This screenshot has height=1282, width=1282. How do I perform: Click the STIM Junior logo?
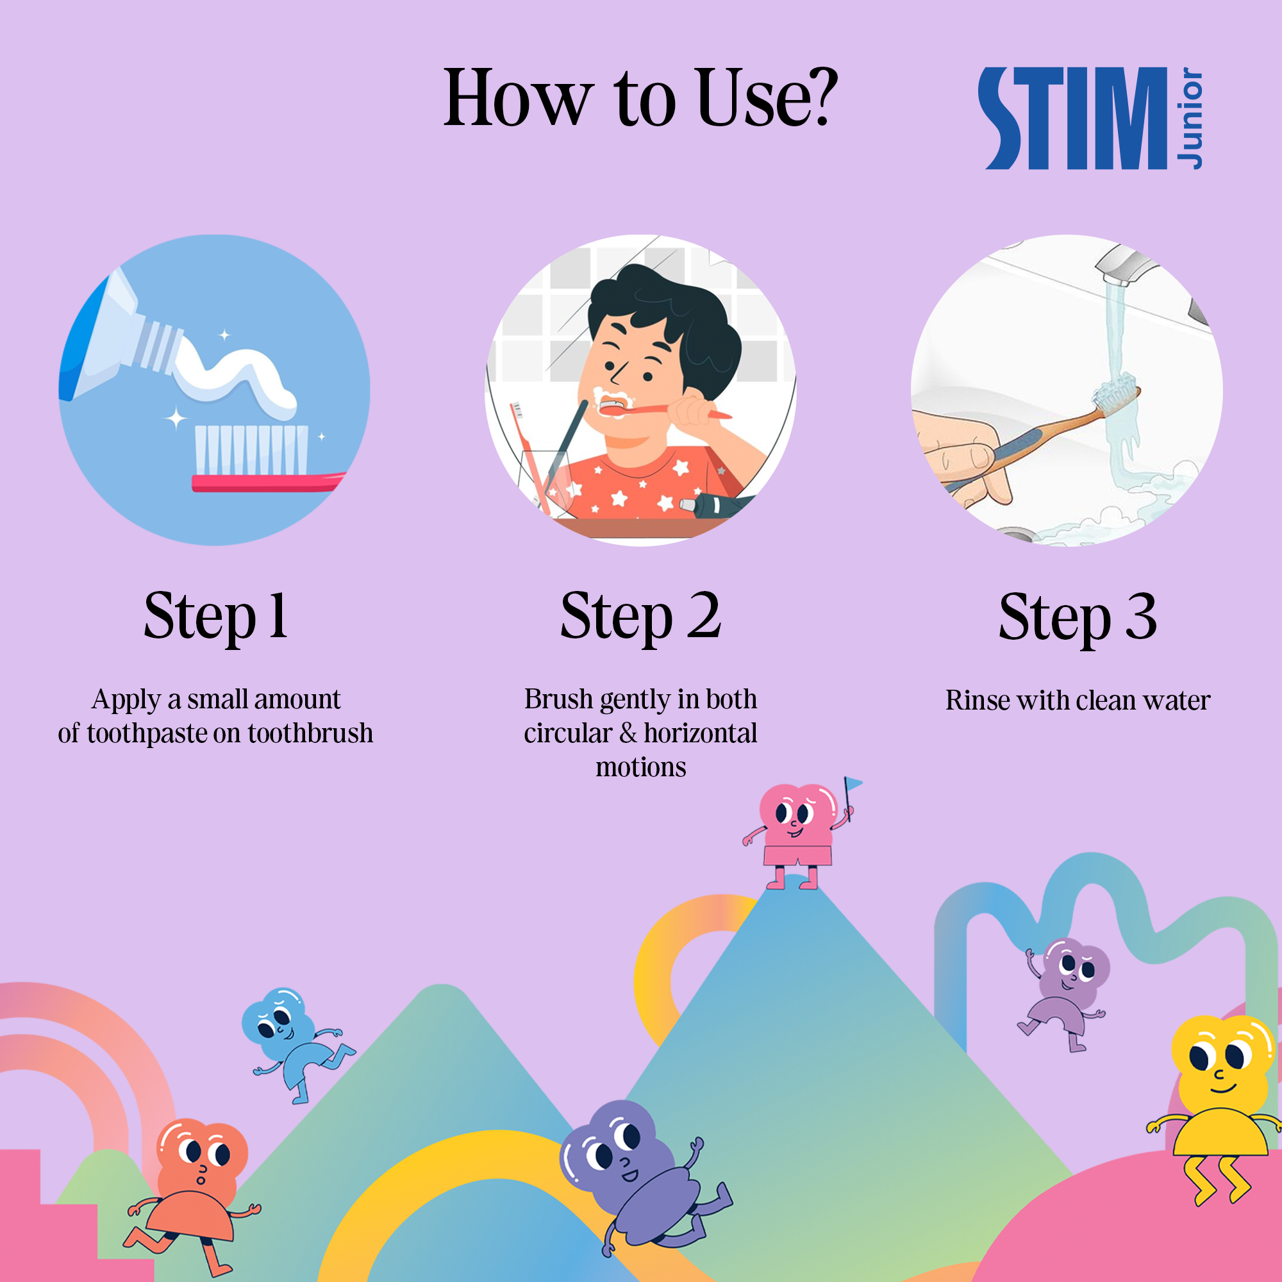pyautogui.click(x=1090, y=118)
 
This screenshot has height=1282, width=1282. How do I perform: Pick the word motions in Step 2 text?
pyautogui.click(x=641, y=767)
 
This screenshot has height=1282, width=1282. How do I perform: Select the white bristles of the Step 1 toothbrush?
pyautogui.click(x=251, y=449)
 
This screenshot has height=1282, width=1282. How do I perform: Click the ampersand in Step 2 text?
pyautogui.click(x=628, y=733)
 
